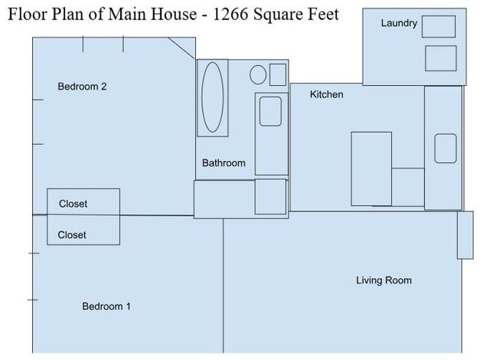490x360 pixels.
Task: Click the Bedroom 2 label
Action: tap(82, 87)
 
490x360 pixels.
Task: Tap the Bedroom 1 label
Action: tap(106, 306)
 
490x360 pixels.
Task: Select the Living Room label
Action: tap(384, 280)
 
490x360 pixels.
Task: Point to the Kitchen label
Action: tap(326, 95)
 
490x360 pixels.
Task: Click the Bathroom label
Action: tap(224, 163)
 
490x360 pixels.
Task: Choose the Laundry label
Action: tap(399, 24)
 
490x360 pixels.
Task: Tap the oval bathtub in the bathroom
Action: tap(213, 98)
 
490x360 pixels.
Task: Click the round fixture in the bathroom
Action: tap(258, 75)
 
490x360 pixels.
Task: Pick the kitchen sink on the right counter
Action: tap(446, 149)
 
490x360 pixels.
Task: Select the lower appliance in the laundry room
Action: tap(440, 58)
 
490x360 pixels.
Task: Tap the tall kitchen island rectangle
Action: tap(371, 169)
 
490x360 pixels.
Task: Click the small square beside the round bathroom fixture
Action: tap(278, 74)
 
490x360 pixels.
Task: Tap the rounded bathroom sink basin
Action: tap(271, 112)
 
